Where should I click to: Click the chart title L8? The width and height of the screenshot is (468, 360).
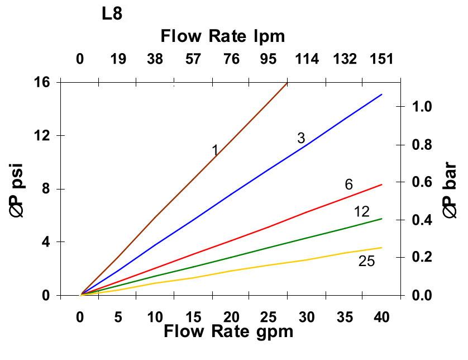point(112,14)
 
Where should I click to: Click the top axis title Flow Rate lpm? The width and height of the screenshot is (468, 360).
point(223,36)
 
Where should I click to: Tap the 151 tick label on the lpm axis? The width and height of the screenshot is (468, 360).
point(383,59)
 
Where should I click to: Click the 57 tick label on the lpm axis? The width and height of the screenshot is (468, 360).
point(193,59)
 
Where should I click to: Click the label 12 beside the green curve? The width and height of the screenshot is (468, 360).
point(362,211)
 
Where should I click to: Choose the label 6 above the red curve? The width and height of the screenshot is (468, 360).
point(348,184)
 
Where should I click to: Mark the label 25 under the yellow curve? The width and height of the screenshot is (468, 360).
point(366,261)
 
